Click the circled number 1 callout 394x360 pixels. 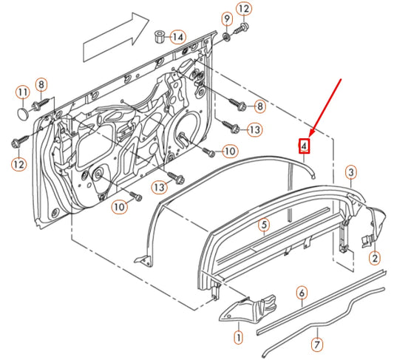point(238,338)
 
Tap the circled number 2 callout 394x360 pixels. point(375,258)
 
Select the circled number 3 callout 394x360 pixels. point(352,171)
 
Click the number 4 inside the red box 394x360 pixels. point(304,146)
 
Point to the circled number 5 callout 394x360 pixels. point(263,225)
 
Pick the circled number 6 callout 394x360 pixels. point(302,293)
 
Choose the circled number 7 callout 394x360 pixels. point(317,344)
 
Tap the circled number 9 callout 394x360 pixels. point(227,18)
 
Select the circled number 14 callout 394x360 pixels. point(178,37)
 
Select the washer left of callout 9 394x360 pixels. point(226,35)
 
